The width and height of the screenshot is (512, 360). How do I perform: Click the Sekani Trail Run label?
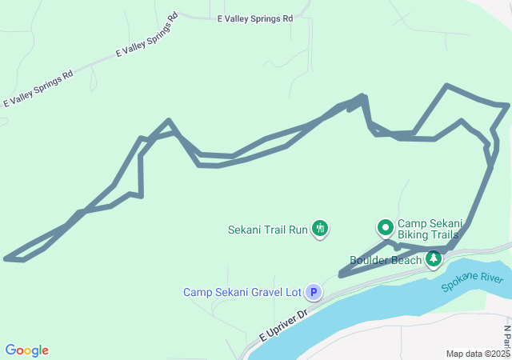268,230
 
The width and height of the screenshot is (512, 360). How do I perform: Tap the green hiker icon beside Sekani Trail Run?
320,230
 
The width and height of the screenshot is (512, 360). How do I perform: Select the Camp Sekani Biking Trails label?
428,230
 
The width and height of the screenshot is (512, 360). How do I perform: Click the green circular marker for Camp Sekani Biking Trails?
386,229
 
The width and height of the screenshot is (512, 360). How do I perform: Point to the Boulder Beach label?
386,260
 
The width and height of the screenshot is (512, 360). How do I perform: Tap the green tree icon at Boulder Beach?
434,258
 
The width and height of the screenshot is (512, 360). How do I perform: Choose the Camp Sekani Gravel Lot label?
242,293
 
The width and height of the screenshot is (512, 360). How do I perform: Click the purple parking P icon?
314,293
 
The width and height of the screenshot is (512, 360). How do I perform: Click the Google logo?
26,350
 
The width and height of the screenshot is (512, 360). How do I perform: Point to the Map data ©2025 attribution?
478,354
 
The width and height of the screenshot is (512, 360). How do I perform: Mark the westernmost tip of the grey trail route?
6,258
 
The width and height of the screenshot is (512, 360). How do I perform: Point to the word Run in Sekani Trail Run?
298,230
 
